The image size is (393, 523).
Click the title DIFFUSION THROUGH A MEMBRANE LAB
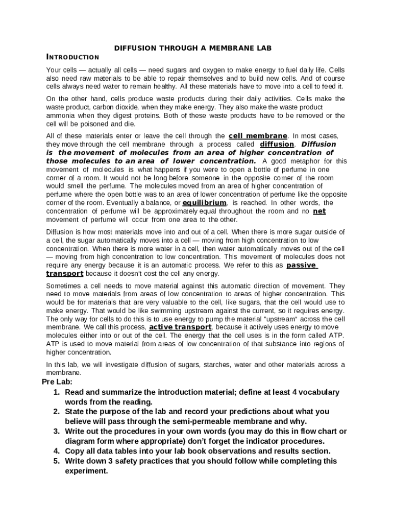[193, 48]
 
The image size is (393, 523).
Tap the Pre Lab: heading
[57, 382]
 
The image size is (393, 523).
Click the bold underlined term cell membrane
[258, 136]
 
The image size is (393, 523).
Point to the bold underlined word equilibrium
[204, 203]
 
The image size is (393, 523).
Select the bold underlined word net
[319, 211]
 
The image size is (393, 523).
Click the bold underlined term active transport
[180, 327]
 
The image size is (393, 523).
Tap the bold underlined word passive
[302, 265]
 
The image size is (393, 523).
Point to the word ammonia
[61, 115]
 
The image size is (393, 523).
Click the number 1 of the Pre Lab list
[56, 392]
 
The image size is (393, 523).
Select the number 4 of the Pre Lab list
[56, 451]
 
